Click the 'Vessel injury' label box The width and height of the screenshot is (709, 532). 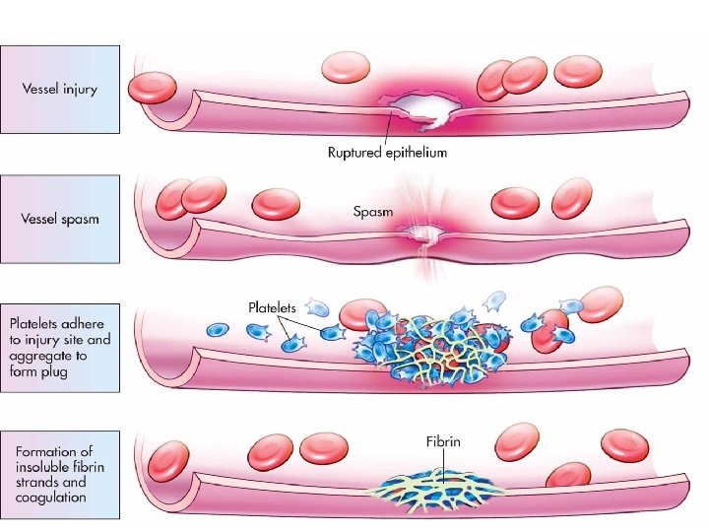pos(60,89)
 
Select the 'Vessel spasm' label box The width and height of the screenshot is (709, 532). pos(60,219)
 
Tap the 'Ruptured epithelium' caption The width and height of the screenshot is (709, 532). pos(387,152)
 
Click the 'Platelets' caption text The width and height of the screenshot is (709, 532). pos(272,307)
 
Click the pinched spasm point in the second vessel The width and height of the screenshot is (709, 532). pos(425,234)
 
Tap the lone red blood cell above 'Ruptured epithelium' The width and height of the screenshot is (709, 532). pos(346,68)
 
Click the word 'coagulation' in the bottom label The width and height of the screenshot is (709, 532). pos(51,498)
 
